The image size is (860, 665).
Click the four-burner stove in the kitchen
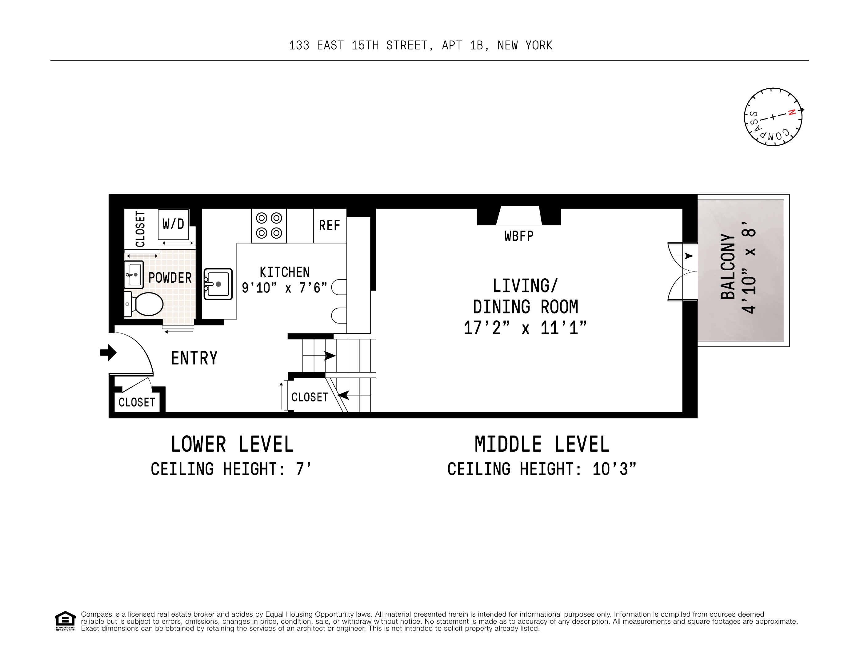(x=269, y=225)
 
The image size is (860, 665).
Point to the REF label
(x=330, y=226)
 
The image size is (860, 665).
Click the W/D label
(x=173, y=224)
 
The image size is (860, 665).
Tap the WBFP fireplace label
(x=518, y=236)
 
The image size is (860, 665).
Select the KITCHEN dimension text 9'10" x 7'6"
(x=284, y=288)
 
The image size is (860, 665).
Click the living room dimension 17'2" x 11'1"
(x=525, y=328)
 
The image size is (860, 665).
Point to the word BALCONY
(x=728, y=266)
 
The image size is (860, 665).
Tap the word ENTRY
(x=194, y=358)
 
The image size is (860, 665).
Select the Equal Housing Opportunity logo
(x=65, y=620)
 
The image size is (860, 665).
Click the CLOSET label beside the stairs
(x=310, y=397)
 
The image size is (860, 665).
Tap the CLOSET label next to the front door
(x=137, y=402)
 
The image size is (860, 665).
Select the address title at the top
(x=421, y=46)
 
